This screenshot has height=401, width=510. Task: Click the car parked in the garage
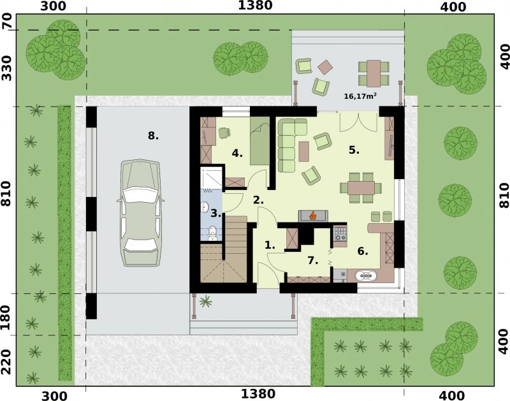(x=140, y=213)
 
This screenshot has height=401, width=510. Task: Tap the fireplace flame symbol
(x=313, y=215)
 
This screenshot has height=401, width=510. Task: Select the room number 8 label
(x=153, y=136)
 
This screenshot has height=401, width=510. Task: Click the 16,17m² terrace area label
(x=360, y=96)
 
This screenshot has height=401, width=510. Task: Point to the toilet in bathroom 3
(x=212, y=233)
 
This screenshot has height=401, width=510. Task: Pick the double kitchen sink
(x=366, y=276)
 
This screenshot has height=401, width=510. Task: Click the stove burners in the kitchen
(x=340, y=233)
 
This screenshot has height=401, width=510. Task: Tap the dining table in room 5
(x=361, y=188)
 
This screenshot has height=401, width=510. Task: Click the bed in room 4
(x=260, y=142)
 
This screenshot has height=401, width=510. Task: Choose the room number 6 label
(x=363, y=251)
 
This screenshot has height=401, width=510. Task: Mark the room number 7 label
(x=312, y=260)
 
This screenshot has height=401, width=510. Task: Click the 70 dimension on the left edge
(x=7, y=22)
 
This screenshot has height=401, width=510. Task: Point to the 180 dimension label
(x=7, y=317)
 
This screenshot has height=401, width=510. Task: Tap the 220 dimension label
(x=7, y=362)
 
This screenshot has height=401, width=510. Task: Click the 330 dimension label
(x=7, y=68)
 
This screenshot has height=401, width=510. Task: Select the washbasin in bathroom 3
(x=205, y=207)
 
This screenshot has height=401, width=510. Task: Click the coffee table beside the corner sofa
(x=304, y=151)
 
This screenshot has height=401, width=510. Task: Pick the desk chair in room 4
(x=224, y=133)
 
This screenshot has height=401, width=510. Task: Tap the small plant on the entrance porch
(x=205, y=302)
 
